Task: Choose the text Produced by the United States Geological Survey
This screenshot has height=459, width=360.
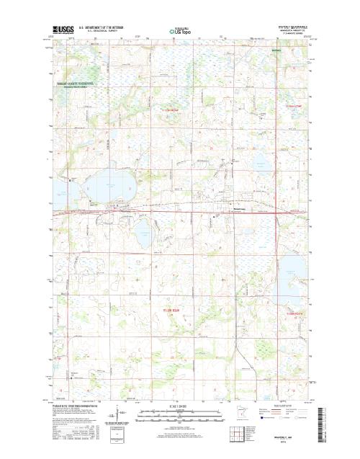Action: pos(76,406)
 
